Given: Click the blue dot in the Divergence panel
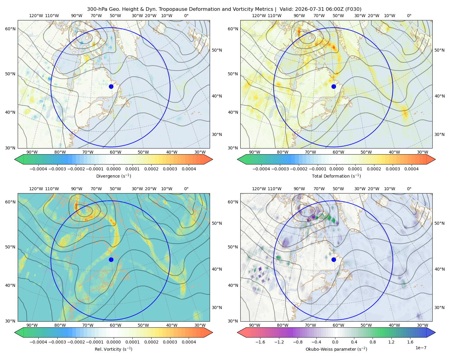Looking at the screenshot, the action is pyautogui.click(x=111, y=86).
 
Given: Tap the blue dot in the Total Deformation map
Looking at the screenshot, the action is pyautogui.click(x=334, y=86).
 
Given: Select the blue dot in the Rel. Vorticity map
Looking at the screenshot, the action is pyautogui.click(x=111, y=259).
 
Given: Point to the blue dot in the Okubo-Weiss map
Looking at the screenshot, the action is pyautogui.click(x=334, y=259).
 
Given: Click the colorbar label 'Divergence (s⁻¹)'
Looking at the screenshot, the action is pyautogui.click(x=113, y=176).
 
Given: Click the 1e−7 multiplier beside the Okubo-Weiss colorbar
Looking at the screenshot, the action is pyautogui.click(x=421, y=348).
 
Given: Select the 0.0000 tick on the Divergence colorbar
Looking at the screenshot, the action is pyautogui.click(x=113, y=169).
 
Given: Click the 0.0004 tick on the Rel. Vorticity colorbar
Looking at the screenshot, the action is pyautogui.click(x=189, y=342).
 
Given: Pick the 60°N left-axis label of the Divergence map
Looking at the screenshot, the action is pyautogui.click(x=10, y=29).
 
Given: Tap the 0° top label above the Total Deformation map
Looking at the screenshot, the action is pyautogui.click(x=409, y=16).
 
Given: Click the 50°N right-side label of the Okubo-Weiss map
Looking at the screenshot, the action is pyautogui.click(x=439, y=223).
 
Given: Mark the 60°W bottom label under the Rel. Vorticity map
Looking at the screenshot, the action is pyautogui.click(x=115, y=325).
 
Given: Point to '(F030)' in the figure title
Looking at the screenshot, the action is pyautogui.click(x=353, y=9).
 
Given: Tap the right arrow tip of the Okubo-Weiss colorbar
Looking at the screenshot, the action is pyautogui.click(x=435, y=332).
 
